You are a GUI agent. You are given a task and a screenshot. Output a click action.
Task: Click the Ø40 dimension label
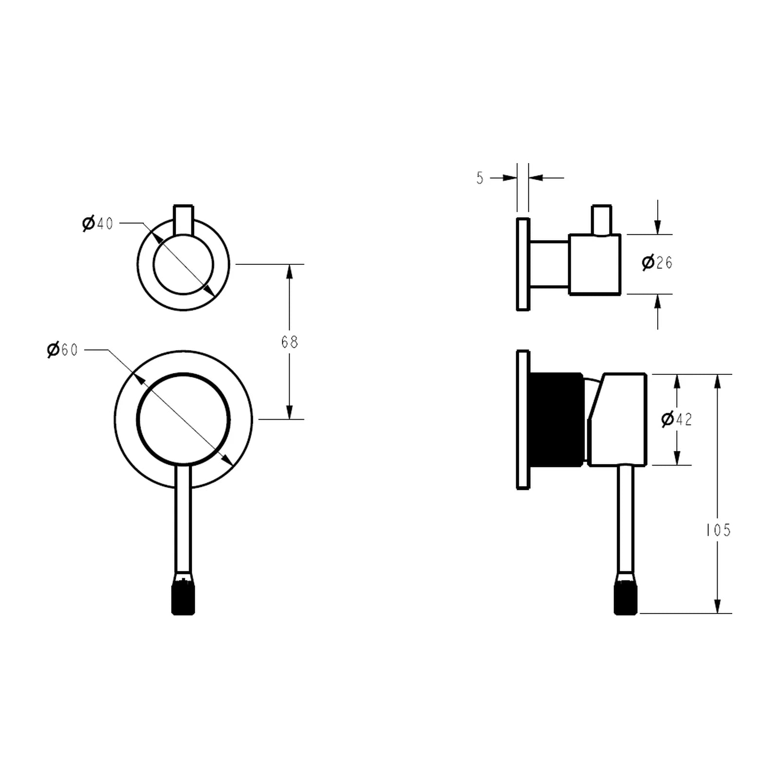point(98,224)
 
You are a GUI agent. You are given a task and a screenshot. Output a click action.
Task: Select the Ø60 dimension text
point(62,350)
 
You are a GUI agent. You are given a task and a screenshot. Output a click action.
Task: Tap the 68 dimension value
point(289,342)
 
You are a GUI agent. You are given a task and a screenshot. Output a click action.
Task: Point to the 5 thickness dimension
point(480,179)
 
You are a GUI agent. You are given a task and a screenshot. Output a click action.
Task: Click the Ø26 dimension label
point(657,263)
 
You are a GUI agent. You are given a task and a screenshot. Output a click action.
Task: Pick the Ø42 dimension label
point(677,419)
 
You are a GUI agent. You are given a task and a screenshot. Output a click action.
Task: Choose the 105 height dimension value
point(719,530)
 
